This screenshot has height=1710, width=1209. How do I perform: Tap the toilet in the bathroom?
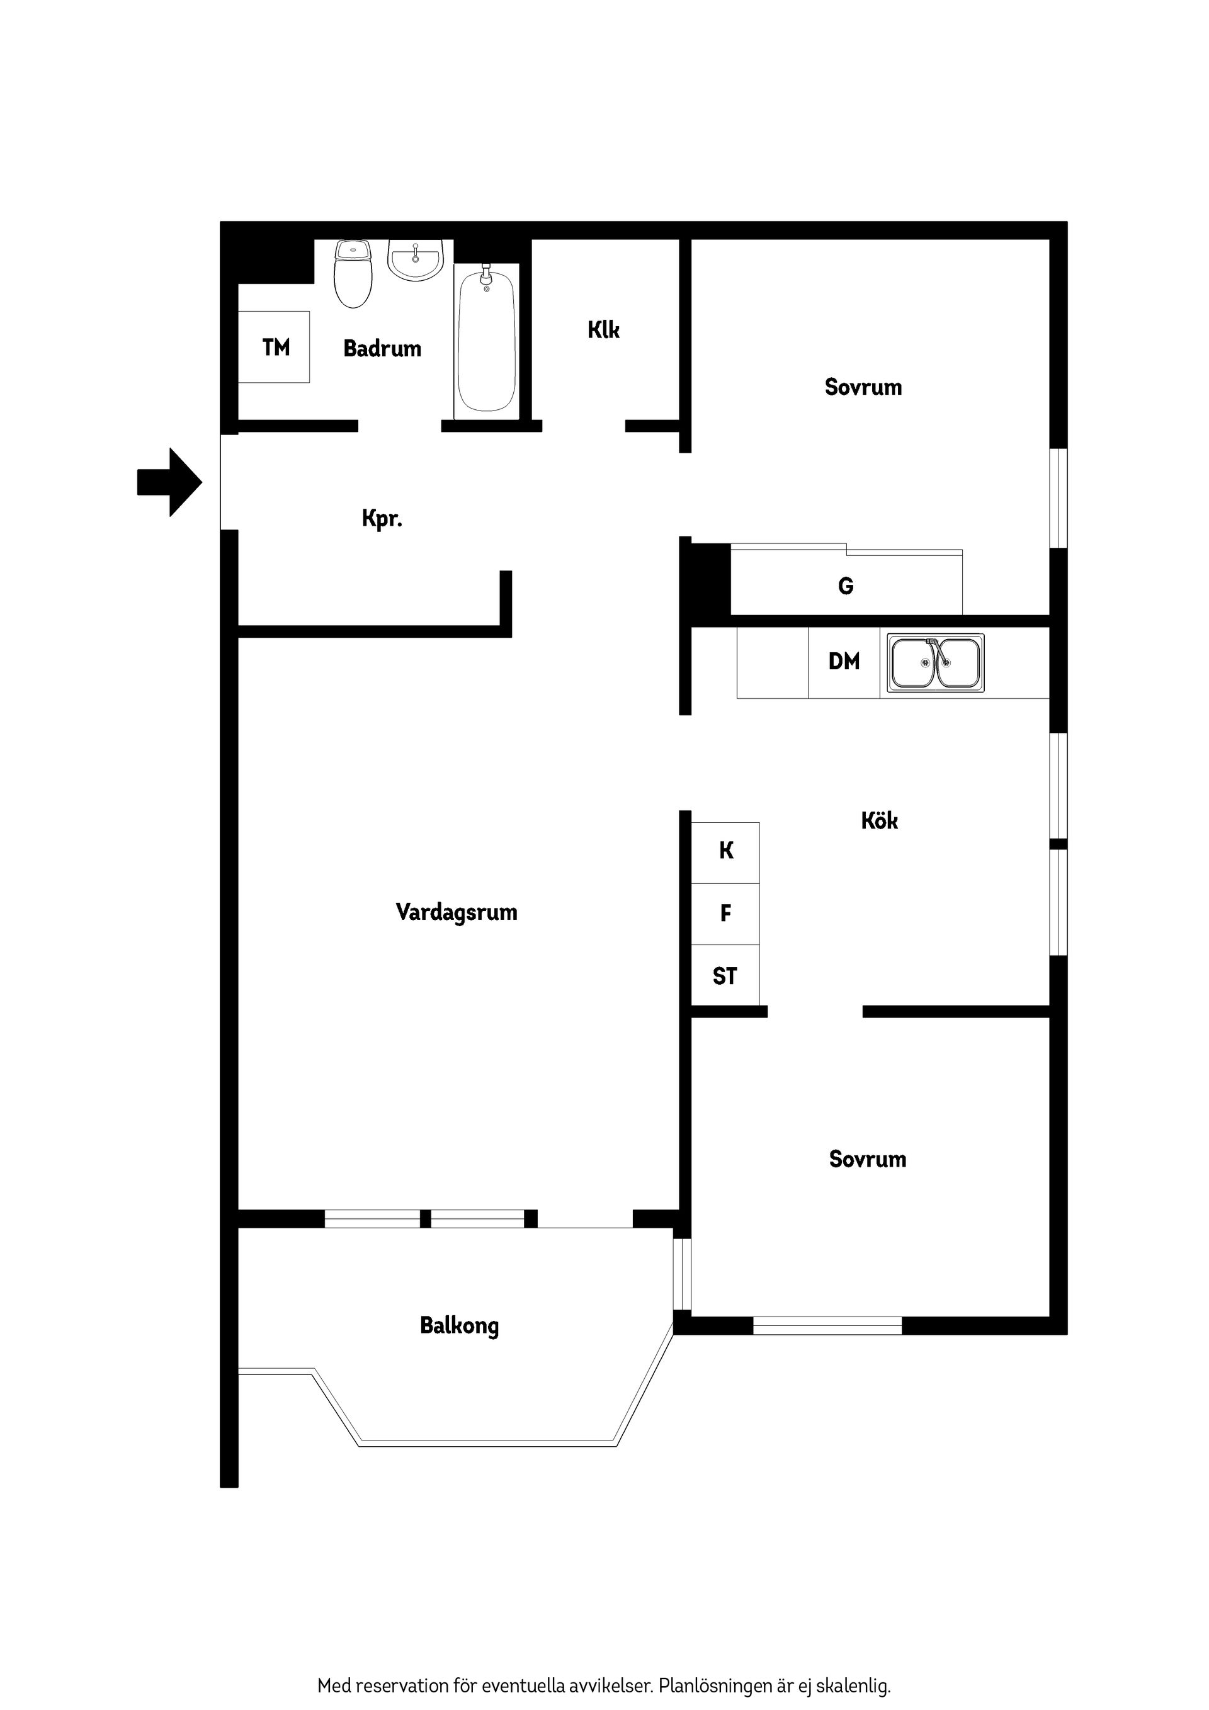click(353, 274)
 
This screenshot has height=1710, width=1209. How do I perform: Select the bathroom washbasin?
click(416, 261)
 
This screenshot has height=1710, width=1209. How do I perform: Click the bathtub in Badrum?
click(486, 341)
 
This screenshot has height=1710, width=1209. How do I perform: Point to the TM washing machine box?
click(274, 347)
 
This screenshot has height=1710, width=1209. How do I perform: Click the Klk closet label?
click(603, 329)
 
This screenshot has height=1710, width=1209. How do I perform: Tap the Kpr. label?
click(382, 518)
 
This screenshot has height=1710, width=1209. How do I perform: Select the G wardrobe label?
click(846, 586)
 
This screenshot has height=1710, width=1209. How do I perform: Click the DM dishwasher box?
click(843, 661)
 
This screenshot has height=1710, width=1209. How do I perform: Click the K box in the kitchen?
click(725, 851)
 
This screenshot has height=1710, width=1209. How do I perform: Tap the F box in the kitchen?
click(725, 913)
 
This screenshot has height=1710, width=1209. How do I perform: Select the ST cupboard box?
click(725, 976)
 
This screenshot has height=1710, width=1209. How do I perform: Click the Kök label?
click(879, 821)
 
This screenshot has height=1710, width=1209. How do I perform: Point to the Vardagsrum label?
click(456, 912)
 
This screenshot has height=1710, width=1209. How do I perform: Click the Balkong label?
click(459, 1326)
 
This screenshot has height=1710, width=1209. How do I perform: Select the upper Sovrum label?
click(863, 387)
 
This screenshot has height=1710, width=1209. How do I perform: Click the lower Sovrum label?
click(867, 1159)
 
